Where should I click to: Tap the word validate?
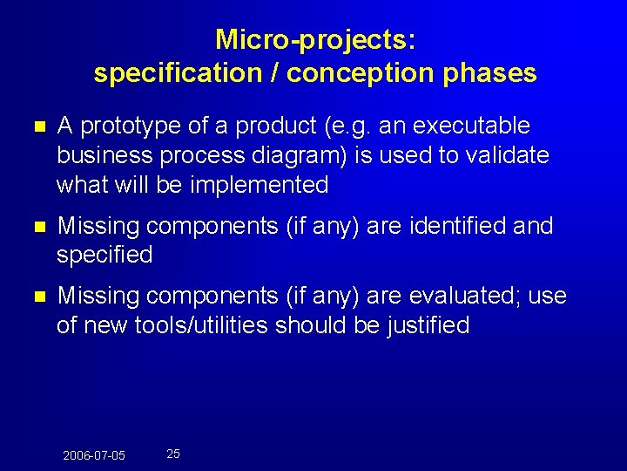[x=508, y=155]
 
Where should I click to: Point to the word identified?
[x=457, y=226]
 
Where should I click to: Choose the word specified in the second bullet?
[x=104, y=256]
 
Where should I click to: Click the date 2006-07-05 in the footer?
[x=94, y=455]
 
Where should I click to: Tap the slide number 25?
[x=173, y=454]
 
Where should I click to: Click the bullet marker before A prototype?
[x=33, y=127]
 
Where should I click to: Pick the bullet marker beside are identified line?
[x=33, y=227]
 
